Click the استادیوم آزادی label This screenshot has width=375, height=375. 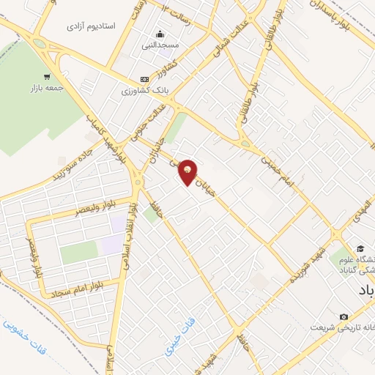point(92,26)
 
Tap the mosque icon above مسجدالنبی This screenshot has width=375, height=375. point(160,34)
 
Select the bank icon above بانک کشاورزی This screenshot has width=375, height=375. point(144,80)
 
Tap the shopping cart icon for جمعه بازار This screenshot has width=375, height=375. point(48,76)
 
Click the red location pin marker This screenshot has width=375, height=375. point(188,173)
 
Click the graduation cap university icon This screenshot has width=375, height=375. point(360,250)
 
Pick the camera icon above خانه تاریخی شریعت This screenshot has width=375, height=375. point(344,316)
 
